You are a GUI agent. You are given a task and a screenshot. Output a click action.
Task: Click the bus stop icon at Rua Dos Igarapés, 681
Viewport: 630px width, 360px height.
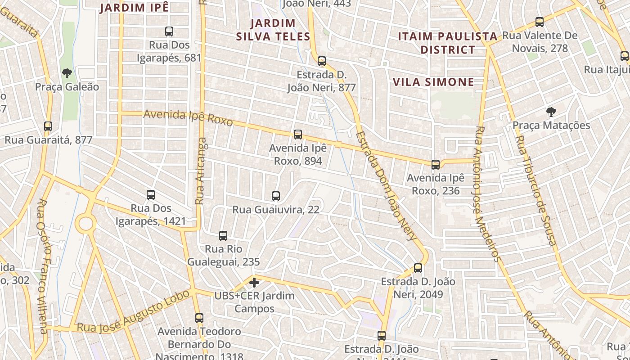169,31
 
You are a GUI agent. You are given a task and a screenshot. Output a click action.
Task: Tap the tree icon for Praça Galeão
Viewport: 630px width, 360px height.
67,73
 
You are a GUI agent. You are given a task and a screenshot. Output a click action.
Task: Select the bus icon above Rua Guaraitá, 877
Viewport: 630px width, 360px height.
48,126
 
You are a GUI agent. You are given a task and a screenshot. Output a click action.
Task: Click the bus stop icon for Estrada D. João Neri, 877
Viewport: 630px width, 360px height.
321,61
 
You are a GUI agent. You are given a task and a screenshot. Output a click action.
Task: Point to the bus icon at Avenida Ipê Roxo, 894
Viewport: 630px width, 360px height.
297,135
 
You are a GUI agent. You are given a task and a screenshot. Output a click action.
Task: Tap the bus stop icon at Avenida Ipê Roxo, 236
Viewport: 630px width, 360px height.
435,165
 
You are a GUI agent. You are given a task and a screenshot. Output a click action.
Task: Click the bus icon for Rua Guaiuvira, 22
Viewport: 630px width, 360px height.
276,196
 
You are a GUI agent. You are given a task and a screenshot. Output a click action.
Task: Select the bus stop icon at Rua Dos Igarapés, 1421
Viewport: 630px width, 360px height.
151,195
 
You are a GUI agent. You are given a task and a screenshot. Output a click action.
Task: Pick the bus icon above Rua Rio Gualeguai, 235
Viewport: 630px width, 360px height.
223,235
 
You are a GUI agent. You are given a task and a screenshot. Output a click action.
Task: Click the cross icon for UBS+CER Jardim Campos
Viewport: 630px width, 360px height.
254,283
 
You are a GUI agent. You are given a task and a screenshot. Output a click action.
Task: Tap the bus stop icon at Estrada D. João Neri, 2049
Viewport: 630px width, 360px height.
418,268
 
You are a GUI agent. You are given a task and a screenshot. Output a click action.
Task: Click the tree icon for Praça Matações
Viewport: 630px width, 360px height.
551,112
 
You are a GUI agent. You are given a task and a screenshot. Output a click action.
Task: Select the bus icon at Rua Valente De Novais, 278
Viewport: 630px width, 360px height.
539,22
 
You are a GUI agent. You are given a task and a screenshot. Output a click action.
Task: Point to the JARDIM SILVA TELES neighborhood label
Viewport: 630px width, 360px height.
273,30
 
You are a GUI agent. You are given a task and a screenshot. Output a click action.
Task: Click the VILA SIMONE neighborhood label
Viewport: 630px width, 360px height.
433,82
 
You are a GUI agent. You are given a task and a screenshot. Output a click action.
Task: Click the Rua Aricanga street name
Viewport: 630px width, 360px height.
201,171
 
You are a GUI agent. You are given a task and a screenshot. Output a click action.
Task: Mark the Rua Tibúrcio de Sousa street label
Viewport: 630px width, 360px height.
535,191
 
